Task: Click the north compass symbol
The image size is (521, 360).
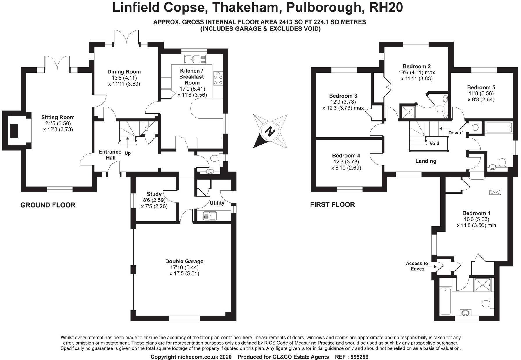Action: (x=270, y=131)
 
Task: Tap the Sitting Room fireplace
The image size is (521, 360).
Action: (x=14, y=131)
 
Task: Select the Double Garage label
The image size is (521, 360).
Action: (x=184, y=261)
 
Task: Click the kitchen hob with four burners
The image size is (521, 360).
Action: (x=218, y=78)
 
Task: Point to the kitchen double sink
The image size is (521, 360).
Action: (x=195, y=59)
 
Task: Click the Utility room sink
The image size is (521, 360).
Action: (x=210, y=216)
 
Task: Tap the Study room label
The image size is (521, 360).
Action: (x=154, y=194)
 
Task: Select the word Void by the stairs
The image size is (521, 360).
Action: (x=434, y=143)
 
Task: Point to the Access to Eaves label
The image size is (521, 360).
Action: (x=417, y=266)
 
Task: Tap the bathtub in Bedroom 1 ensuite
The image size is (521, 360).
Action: (x=445, y=301)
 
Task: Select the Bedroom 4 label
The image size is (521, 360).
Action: (x=346, y=156)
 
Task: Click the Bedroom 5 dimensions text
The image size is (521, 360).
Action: (x=481, y=96)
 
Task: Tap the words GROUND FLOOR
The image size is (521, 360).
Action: (x=48, y=205)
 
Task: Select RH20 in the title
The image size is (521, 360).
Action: (x=386, y=8)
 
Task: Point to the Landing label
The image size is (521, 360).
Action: (x=426, y=161)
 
